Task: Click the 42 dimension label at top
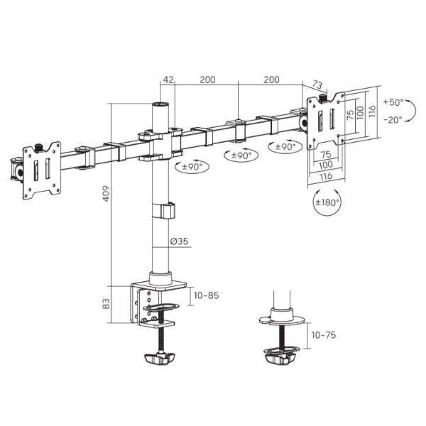[x=168, y=80]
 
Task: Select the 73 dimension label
[x=317, y=84]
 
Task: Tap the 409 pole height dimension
[x=106, y=193]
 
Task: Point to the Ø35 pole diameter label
[x=180, y=241]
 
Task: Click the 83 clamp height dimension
[x=106, y=303]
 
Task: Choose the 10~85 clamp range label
[x=206, y=295]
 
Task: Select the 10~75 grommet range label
[x=324, y=335]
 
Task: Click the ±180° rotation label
[x=327, y=202]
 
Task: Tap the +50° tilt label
[x=393, y=102]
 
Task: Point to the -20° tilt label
[x=393, y=119]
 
